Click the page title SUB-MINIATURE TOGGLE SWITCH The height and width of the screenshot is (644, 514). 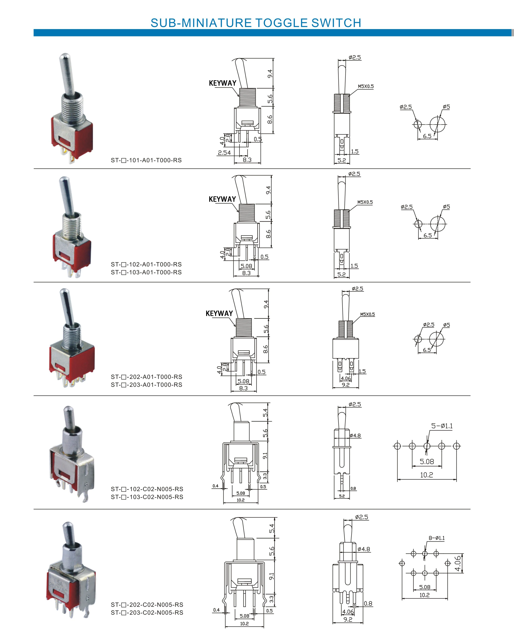coord(256,23)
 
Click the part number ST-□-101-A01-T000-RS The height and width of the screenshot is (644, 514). coord(146,160)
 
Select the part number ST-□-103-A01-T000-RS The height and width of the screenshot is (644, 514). coord(146,272)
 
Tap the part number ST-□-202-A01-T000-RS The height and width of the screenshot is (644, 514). coord(146,377)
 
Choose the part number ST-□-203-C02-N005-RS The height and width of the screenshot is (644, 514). coord(147,613)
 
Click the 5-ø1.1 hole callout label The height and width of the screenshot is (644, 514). coord(442,426)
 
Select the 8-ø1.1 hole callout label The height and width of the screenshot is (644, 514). coord(437,538)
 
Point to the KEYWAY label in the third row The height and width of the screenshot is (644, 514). coord(219,313)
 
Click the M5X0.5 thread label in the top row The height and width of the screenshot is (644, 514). coord(366,86)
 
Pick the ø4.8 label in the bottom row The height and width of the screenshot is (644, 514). coord(364,549)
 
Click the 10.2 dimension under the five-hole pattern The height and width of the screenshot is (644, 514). coord(426,475)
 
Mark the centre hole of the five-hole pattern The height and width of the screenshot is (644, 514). coord(427,446)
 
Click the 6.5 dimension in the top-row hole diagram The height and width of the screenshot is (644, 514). coord(427,136)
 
